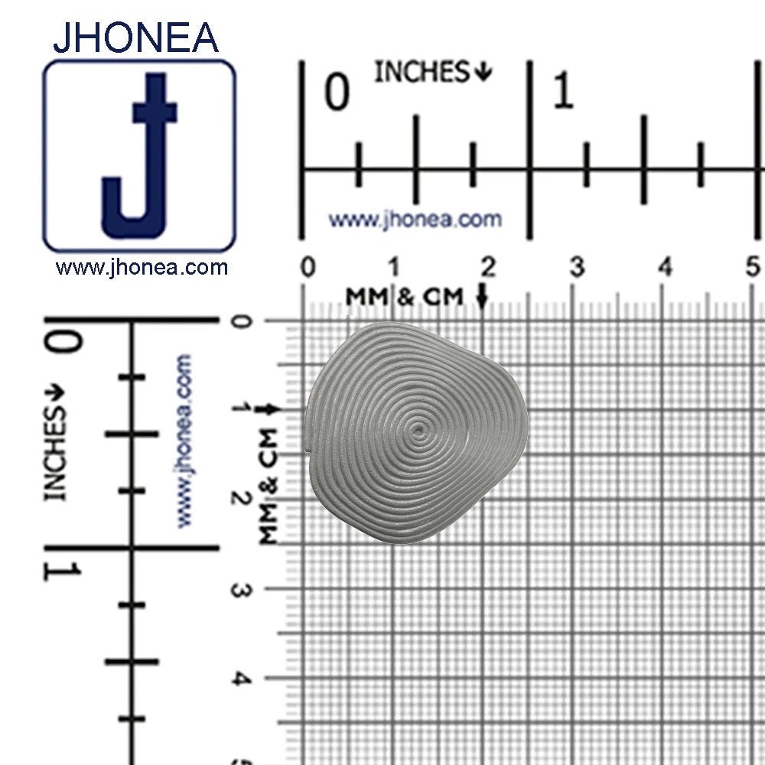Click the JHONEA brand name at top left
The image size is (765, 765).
coord(135,37)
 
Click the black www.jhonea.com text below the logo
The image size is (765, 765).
coord(142,268)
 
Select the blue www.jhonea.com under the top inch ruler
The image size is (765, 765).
coord(415,220)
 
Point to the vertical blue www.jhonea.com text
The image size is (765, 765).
coord(184,441)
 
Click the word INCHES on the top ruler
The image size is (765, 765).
coord(422,73)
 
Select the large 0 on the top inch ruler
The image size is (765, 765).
coord(337,93)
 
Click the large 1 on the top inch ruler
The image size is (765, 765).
coord(563,93)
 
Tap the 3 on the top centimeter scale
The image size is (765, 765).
coord(576,267)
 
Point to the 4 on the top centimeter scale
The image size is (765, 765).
coord(666,267)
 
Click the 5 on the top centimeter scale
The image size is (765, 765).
coord(754,267)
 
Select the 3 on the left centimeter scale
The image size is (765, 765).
coord(240,590)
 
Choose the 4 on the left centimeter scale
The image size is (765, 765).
coord(240,679)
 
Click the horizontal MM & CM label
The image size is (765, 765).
coord(405,297)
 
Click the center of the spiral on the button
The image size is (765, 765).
coord(418,430)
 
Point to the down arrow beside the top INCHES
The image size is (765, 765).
coord(483,73)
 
